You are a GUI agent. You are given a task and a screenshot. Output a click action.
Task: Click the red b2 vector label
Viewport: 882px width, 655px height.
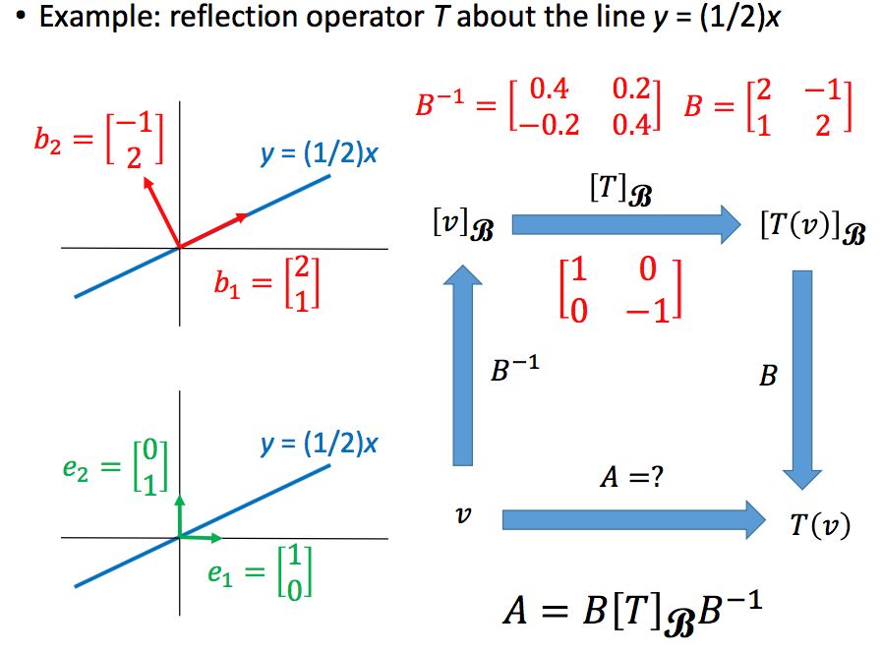(98, 140)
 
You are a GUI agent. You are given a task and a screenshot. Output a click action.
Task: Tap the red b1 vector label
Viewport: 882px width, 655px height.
(265, 283)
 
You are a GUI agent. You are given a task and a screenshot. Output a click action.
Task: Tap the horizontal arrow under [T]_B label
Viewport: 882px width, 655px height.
(625, 225)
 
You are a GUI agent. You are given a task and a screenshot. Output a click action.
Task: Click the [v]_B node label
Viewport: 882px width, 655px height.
(461, 226)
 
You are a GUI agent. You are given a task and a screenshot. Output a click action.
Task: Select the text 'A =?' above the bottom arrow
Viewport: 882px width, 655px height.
(629, 479)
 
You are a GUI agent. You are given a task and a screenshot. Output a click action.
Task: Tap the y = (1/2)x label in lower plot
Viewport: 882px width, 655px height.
(319, 445)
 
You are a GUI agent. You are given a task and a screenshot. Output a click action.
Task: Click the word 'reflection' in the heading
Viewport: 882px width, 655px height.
(221, 19)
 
